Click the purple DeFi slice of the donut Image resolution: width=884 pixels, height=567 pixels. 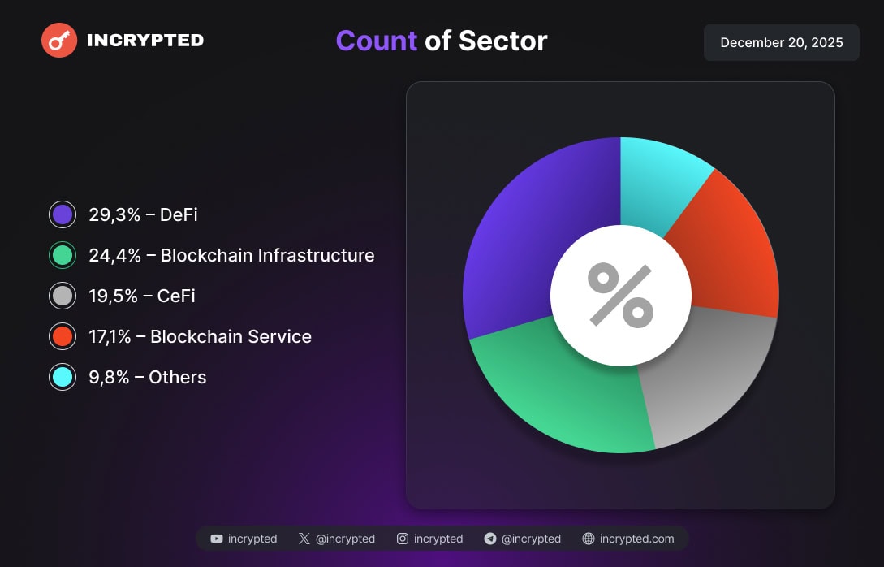(x=520, y=244)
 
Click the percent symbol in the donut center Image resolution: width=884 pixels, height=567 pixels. (x=621, y=295)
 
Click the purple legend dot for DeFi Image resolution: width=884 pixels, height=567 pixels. (x=63, y=214)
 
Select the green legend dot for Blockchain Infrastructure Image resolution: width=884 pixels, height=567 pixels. (x=63, y=255)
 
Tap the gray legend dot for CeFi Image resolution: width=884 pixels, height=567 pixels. (x=63, y=296)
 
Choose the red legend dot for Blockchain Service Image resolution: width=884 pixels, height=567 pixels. (x=63, y=336)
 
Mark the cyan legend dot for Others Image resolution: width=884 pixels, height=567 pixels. (x=63, y=377)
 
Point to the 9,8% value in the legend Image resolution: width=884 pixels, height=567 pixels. (x=109, y=377)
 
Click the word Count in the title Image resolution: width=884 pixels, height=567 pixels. (x=376, y=41)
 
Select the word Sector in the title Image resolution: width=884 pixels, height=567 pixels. (x=502, y=41)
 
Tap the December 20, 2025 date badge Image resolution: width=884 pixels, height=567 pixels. (x=781, y=42)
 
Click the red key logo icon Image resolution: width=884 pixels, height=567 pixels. (x=59, y=40)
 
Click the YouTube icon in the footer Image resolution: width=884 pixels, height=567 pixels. (x=217, y=539)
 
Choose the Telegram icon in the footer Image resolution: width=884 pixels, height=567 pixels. (x=489, y=539)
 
